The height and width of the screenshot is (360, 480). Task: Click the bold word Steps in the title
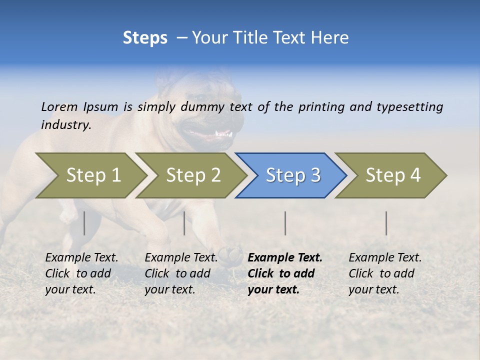pyautogui.click(x=145, y=38)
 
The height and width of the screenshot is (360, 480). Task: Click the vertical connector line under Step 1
pyautogui.click(x=84, y=223)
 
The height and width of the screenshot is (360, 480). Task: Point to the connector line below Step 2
pyautogui.click(x=184, y=223)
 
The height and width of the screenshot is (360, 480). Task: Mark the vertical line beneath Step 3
pyautogui.click(x=285, y=223)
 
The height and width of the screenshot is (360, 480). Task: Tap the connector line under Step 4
pyautogui.click(x=386, y=223)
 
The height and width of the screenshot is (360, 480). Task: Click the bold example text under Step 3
pyautogui.click(x=285, y=273)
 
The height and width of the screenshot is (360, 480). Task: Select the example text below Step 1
pyautogui.click(x=81, y=273)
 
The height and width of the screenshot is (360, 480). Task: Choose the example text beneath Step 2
pyautogui.click(x=181, y=273)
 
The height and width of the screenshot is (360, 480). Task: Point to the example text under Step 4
pyautogui.click(x=385, y=273)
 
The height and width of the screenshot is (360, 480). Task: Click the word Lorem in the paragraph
pyautogui.click(x=59, y=106)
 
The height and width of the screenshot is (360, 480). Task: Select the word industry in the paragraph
pyautogui.click(x=66, y=125)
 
